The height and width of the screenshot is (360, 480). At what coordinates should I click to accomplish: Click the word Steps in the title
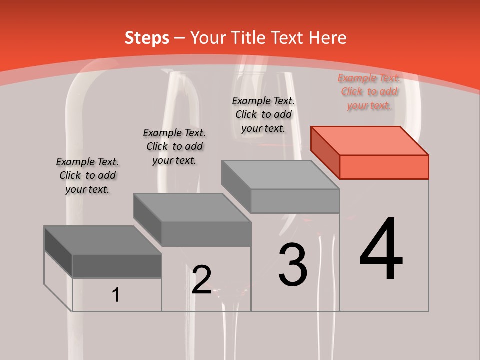click(x=147, y=38)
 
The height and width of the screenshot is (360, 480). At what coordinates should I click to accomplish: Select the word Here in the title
click(x=328, y=38)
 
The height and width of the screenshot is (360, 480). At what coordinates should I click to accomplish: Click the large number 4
click(x=381, y=249)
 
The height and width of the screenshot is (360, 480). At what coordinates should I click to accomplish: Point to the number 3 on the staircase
click(x=292, y=265)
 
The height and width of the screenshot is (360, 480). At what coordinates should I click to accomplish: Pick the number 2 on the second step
click(x=201, y=279)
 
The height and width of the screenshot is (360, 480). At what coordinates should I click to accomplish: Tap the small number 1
click(x=116, y=295)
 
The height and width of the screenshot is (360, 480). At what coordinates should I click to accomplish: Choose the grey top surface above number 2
click(x=192, y=208)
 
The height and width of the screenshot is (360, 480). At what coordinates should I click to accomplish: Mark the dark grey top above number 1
click(x=103, y=240)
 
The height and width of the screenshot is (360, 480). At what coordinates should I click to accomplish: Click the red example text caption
click(x=369, y=92)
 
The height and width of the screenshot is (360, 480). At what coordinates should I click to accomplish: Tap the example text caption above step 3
click(x=263, y=114)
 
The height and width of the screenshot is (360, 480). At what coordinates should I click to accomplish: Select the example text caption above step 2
click(x=174, y=146)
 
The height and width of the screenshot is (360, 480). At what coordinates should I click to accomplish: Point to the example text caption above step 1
click(x=87, y=175)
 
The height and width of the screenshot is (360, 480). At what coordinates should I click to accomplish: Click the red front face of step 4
click(x=384, y=167)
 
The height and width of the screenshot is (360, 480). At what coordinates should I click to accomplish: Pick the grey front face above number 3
click(x=295, y=201)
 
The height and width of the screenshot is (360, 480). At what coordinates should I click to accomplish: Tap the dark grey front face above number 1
click(x=117, y=266)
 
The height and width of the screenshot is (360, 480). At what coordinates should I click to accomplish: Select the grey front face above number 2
click(x=206, y=234)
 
